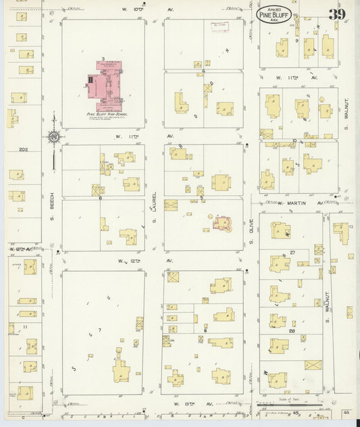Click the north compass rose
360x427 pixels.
pos(53,137)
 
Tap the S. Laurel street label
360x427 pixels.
pos(155,205)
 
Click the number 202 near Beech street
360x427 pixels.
pos(25,149)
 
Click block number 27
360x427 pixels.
pos(292,252)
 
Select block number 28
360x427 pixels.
pos(292,330)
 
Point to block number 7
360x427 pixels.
pos(99,330)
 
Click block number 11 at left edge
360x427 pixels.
pos(25,327)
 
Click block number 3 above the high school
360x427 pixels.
pos(102,59)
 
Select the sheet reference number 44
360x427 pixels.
pos(345,411)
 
